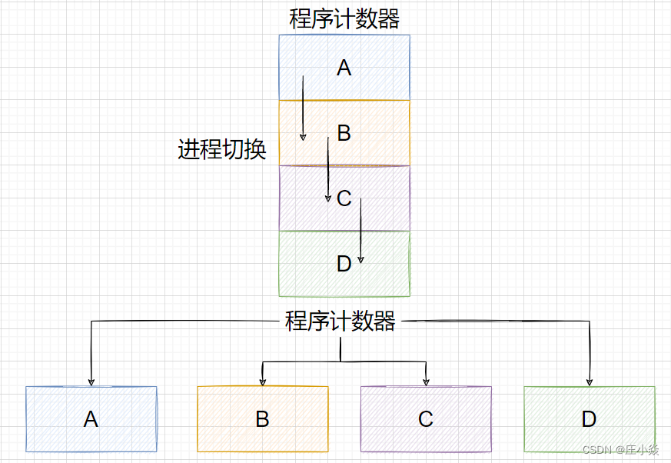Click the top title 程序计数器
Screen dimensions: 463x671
tap(344, 18)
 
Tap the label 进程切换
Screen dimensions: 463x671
tap(221, 149)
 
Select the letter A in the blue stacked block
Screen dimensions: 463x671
tap(344, 68)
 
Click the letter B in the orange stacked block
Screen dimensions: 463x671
tap(344, 133)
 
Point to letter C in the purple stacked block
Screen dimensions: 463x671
tap(344, 198)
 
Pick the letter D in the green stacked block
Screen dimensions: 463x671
tap(344, 264)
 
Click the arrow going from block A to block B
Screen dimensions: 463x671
tap(302, 108)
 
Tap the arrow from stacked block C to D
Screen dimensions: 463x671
tap(360, 231)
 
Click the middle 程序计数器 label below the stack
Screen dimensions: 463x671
tap(340, 321)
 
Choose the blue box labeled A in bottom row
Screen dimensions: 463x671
tap(91, 419)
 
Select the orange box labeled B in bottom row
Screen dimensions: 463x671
tap(262, 419)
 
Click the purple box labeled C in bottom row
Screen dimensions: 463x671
tap(426, 419)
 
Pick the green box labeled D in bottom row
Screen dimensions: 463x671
tap(589, 419)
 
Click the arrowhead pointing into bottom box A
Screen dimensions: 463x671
tap(91, 381)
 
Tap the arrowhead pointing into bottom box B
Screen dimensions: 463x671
tap(262, 381)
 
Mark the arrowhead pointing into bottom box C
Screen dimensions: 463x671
tap(426, 381)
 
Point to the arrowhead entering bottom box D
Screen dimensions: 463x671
tap(590, 381)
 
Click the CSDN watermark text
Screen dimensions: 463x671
tap(620, 450)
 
